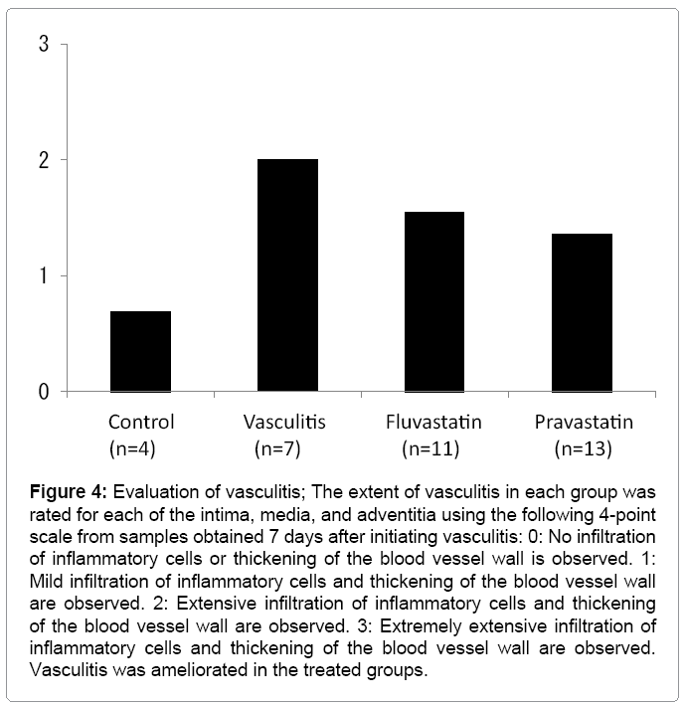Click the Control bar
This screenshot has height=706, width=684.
pyautogui.click(x=140, y=351)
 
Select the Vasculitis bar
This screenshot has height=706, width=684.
pyautogui.click(x=287, y=275)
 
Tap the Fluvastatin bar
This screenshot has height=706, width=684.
pyautogui.click(x=434, y=301)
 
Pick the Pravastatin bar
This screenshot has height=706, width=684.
pyautogui.click(x=582, y=312)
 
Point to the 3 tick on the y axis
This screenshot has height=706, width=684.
pyautogui.click(x=45, y=45)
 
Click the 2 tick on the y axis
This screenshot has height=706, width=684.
pyautogui.click(x=45, y=160)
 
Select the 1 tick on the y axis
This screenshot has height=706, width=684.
pyautogui.click(x=45, y=275)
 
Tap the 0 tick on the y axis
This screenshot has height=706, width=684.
pyautogui.click(x=45, y=392)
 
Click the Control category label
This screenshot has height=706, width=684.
pyautogui.click(x=140, y=423)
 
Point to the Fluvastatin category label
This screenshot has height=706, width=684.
pyautogui.click(x=434, y=423)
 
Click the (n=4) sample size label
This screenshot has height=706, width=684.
pyautogui.click(x=140, y=448)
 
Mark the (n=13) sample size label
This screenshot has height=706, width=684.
pyautogui.click(x=582, y=448)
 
